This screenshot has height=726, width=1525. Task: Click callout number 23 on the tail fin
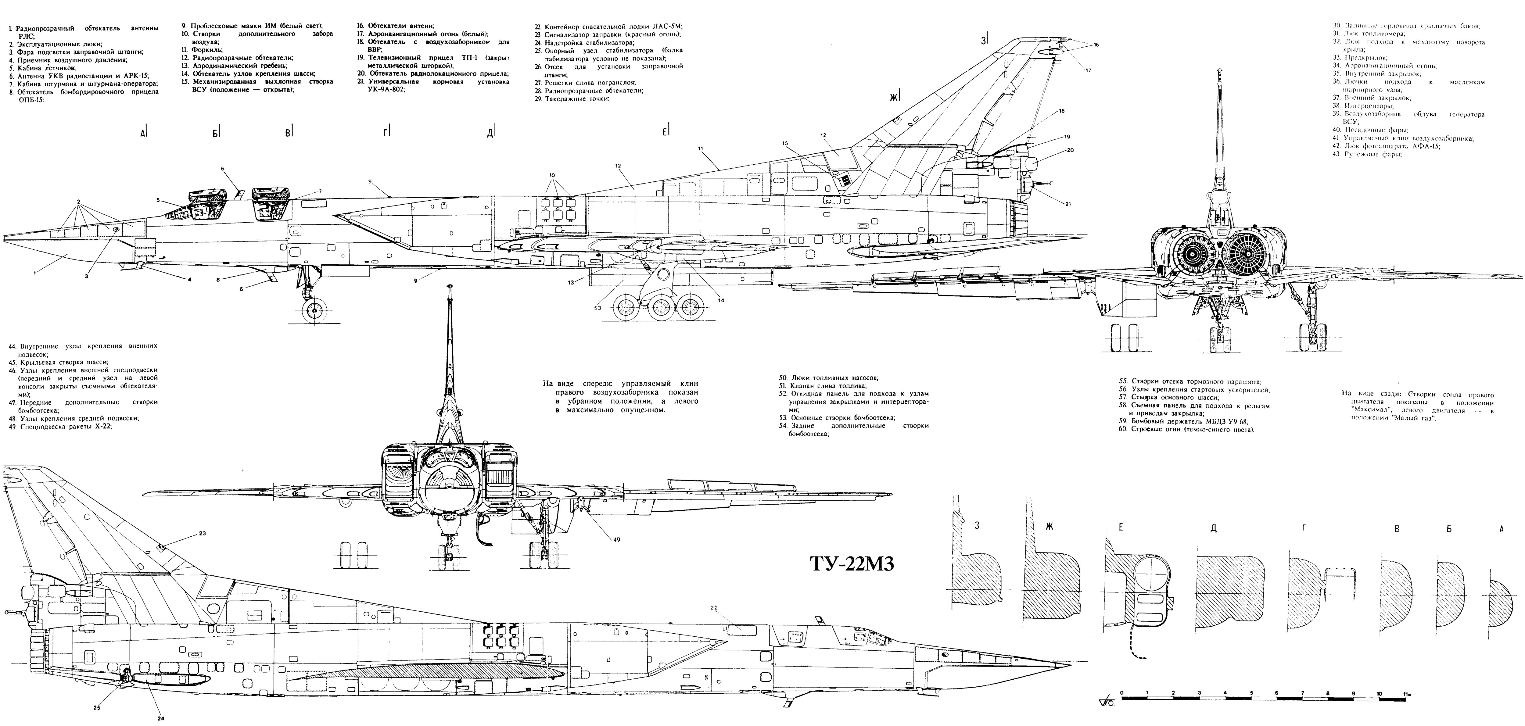[x=203, y=533]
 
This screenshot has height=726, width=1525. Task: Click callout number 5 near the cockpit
[x=158, y=200]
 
